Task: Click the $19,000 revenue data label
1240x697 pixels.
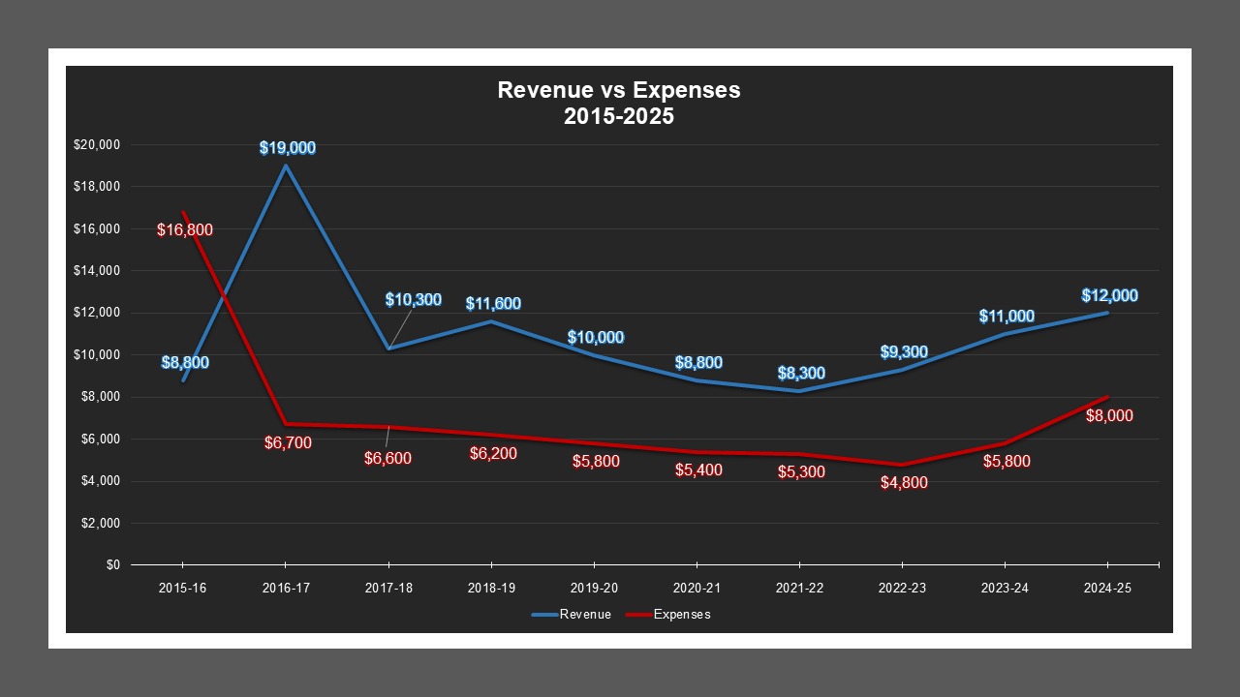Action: [x=287, y=148]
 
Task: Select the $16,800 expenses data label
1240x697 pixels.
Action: [x=185, y=230]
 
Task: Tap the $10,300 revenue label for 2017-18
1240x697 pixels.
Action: [x=413, y=300]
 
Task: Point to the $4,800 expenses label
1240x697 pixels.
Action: [x=904, y=483]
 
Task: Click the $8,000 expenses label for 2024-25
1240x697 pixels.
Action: [x=1109, y=416]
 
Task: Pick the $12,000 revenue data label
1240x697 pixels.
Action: [x=1109, y=296]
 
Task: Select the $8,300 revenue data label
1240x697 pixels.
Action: [x=801, y=373]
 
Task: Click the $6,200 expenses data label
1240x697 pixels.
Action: [x=493, y=454]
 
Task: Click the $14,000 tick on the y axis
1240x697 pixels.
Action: [x=96, y=271]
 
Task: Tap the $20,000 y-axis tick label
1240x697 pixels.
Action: [x=96, y=145]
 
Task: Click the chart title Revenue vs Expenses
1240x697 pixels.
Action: [x=619, y=90]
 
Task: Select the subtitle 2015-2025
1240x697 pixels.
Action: [x=619, y=116]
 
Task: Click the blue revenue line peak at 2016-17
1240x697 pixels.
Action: [x=286, y=166]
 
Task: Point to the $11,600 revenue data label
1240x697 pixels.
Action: [x=493, y=304]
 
